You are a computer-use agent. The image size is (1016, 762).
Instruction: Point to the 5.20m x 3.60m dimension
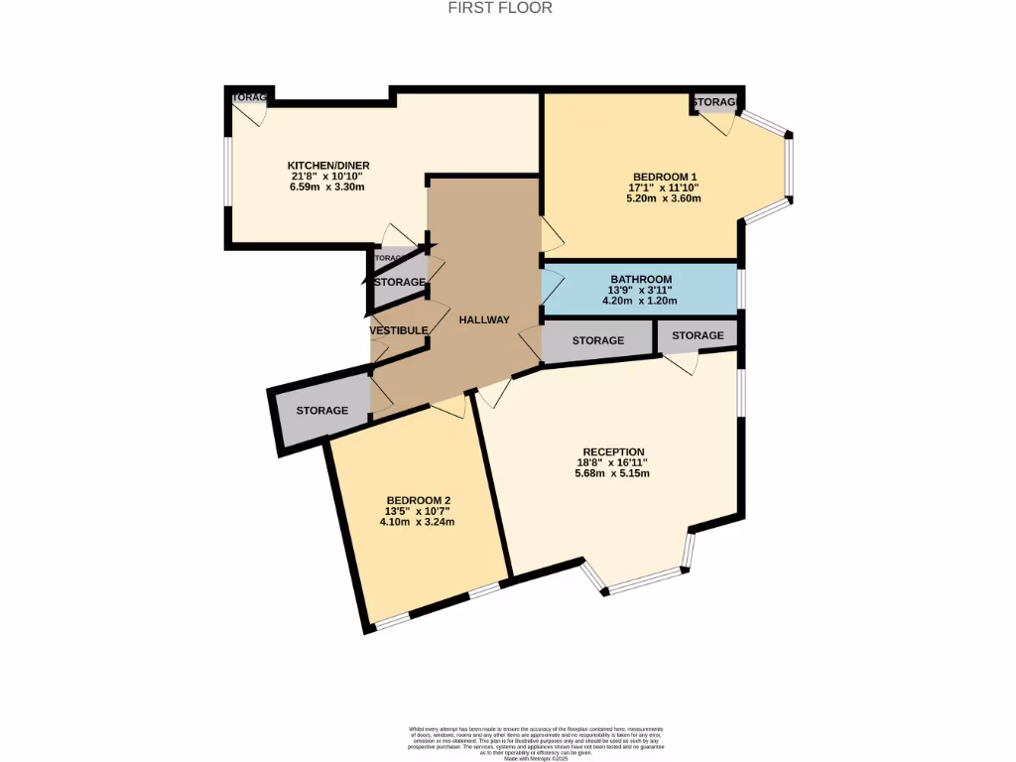pyautogui.click(x=663, y=197)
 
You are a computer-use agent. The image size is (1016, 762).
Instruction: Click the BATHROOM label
pyautogui.click(x=641, y=279)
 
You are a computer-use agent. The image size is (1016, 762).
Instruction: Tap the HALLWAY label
pyautogui.click(x=484, y=319)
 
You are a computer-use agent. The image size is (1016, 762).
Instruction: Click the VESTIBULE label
pyautogui.click(x=399, y=330)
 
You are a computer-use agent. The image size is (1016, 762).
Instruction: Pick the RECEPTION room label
pyautogui.click(x=614, y=451)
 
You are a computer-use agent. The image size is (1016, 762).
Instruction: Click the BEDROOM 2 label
pyautogui.click(x=419, y=500)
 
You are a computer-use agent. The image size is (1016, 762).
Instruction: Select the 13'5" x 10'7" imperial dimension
pyautogui.click(x=418, y=511)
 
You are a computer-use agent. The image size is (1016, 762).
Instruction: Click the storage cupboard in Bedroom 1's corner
pyautogui.click(x=715, y=103)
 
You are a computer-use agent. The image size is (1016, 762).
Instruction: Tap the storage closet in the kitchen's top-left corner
pyautogui.click(x=250, y=98)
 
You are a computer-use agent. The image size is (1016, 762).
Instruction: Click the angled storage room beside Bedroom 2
pyautogui.click(x=321, y=410)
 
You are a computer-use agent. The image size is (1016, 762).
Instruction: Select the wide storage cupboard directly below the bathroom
pyautogui.click(x=598, y=341)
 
